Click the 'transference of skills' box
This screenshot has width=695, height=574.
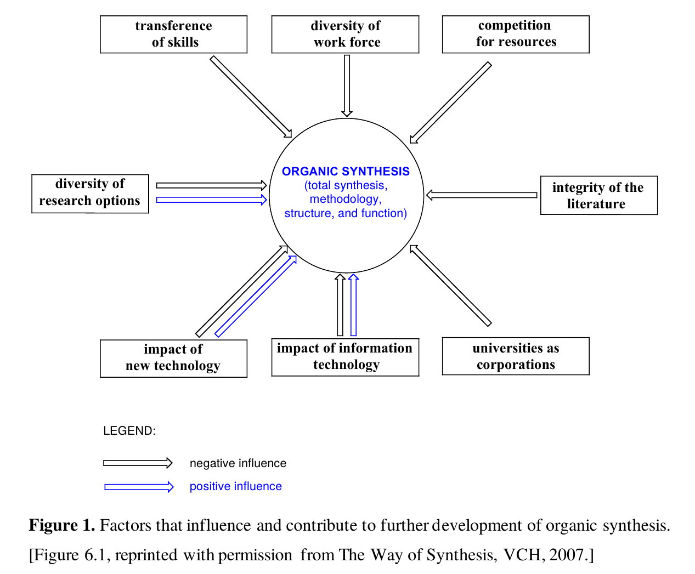point(173,34)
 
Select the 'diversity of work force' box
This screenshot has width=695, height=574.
point(345,34)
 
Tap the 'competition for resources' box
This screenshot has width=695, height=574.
point(516,34)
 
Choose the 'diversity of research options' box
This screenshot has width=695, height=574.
point(90,193)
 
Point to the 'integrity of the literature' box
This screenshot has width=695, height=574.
point(598,195)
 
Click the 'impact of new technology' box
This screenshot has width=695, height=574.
point(173,358)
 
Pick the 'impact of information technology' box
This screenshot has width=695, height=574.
point(345,357)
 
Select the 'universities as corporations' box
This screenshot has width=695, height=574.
point(516,356)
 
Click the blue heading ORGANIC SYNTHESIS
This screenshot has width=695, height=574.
point(346,172)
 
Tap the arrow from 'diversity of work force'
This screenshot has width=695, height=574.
point(347,86)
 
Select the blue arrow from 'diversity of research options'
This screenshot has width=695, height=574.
point(211,200)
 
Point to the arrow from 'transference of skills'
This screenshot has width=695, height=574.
point(251,96)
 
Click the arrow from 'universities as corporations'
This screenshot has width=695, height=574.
point(451,286)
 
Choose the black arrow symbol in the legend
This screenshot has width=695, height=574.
point(138,463)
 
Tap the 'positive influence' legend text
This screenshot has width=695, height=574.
point(235,486)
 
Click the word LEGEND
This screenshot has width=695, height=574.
point(129,431)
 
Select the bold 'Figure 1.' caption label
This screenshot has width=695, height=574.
point(62,525)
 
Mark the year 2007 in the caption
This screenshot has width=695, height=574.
point(567,555)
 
